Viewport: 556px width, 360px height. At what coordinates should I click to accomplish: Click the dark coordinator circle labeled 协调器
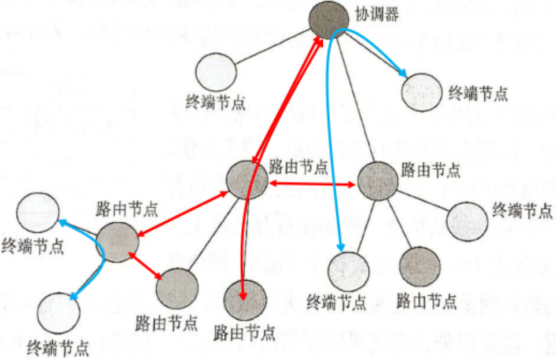point(329,21)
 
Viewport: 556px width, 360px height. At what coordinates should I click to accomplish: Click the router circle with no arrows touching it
point(420,267)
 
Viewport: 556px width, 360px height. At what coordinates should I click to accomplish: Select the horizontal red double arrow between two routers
point(312,184)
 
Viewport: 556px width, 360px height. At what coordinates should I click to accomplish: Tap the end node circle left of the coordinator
point(216,73)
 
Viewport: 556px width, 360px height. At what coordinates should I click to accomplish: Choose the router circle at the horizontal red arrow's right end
point(378,182)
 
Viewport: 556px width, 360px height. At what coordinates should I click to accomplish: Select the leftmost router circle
point(117,241)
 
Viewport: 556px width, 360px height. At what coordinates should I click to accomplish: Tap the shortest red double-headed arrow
point(145,267)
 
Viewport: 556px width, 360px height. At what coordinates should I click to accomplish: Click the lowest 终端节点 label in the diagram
point(58,348)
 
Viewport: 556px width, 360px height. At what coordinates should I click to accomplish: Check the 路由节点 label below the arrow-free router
point(426,302)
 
